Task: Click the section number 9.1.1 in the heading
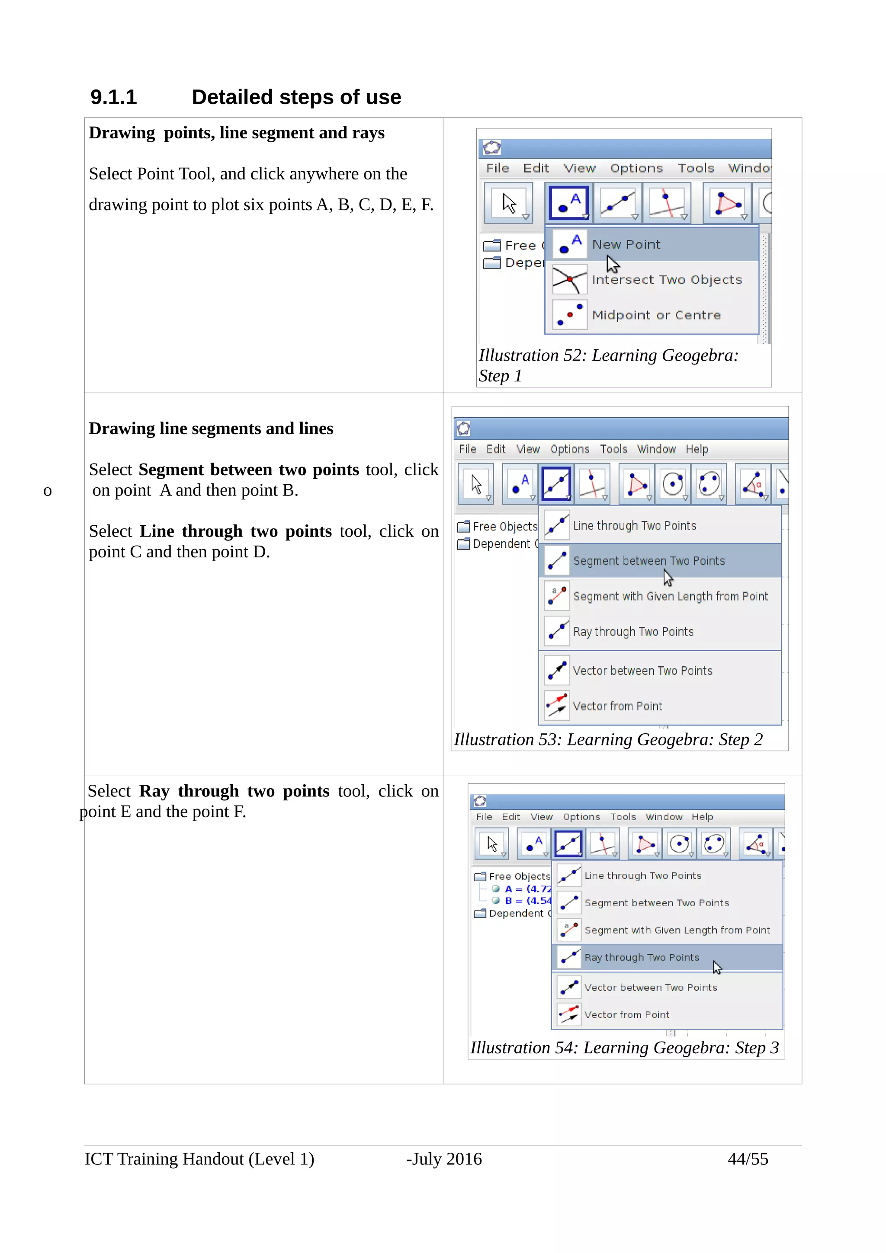(113, 97)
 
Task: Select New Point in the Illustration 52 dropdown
(626, 244)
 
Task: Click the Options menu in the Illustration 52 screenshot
(636, 168)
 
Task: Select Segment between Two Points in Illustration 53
(648, 561)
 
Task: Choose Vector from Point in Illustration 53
(617, 706)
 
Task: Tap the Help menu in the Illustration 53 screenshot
(697, 449)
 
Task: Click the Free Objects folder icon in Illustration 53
(463, 527)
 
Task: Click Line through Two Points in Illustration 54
(642, 876)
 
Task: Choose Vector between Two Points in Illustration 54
(650, 987)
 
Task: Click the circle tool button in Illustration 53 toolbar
(673, 483)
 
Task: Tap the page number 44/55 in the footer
(747, 1159)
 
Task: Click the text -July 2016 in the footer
(443, 1159)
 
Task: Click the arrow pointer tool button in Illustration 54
(491, 844)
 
